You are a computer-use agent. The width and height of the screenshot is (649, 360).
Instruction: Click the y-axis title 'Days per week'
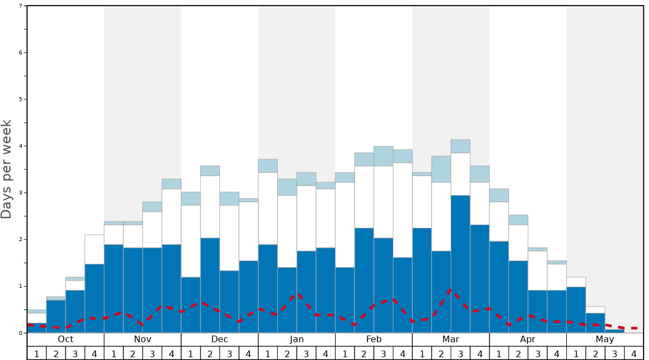point(7,169)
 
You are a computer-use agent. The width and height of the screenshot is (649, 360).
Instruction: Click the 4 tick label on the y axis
point(21,146)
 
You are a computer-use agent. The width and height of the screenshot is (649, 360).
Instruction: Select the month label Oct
point(66,339)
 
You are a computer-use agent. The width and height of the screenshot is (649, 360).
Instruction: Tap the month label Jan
point(297,339)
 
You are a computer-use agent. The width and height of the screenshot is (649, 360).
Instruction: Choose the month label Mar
point(451,339)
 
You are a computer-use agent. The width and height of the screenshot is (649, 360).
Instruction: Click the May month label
point(605,339)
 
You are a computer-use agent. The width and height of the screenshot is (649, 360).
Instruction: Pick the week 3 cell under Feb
point(383,353)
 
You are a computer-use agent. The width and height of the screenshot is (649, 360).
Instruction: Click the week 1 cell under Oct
point(37,353)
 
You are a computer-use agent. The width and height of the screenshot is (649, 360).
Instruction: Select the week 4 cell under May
point(634,353)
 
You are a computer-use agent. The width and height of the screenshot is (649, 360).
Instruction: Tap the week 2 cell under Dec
point(210,353)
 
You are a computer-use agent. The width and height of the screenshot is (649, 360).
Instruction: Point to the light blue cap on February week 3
point(383,156)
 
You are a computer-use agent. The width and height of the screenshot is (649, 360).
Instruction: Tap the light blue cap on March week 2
point(441,169)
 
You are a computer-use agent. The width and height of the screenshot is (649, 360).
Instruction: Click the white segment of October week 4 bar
point(94,249)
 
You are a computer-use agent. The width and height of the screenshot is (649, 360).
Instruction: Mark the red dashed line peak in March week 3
point(451,289)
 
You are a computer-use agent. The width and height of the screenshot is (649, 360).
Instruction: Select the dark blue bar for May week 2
point(596,323)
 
